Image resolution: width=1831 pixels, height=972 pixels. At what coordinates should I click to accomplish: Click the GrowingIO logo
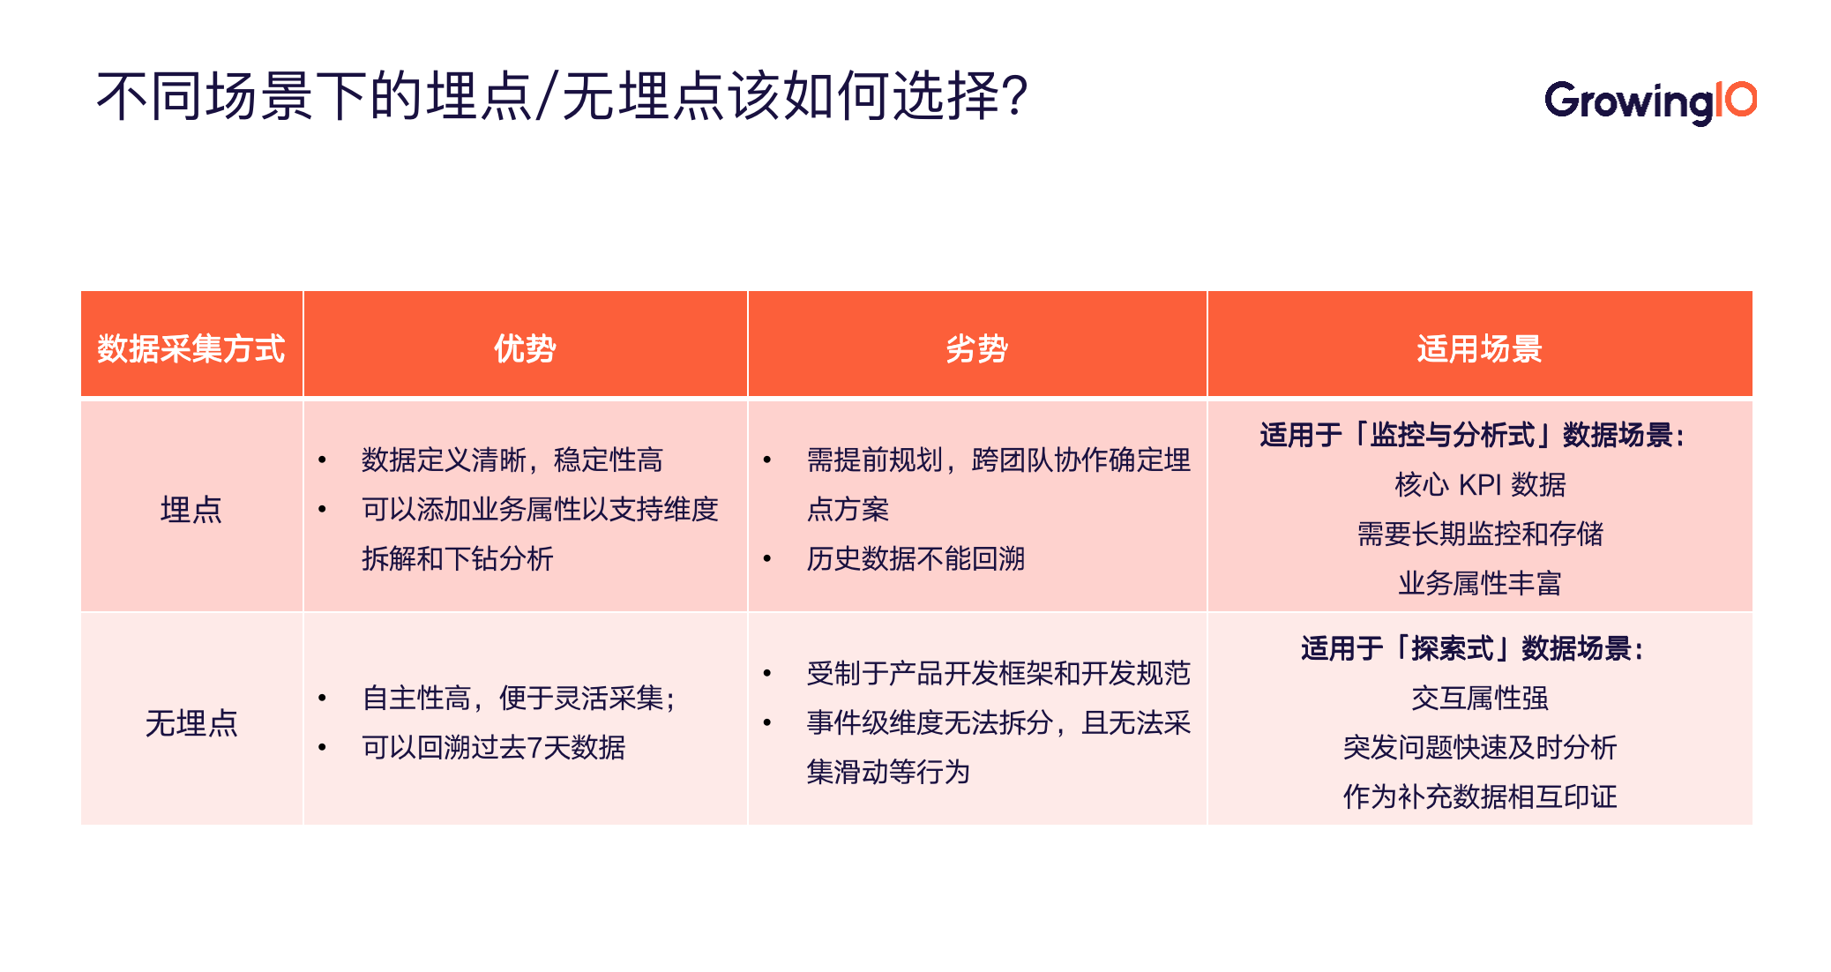click(x=1649, y=101)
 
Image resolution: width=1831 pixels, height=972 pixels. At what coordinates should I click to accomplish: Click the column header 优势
click(x=525, y=348)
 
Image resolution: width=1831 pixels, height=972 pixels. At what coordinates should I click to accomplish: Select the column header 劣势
click(x=976, y=348)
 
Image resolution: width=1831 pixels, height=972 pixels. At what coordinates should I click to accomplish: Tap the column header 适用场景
click(x=1479, y=348)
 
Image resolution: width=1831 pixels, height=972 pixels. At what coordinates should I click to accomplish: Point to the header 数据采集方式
click(x=191, y=348)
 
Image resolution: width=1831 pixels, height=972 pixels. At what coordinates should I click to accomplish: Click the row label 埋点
click(x=191, y=510)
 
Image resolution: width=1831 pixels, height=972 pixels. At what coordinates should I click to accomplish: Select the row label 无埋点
click(x=191, y=723)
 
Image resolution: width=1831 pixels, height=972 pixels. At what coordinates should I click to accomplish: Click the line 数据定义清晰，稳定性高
click(x=512, y=460)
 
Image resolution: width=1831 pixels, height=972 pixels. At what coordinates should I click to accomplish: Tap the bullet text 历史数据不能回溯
click(x=915, y=558)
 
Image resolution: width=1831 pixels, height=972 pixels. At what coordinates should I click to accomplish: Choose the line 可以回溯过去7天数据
click(x=493, y=747)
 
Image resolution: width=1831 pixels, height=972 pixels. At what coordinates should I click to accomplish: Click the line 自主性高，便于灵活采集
click(x=518, y=698)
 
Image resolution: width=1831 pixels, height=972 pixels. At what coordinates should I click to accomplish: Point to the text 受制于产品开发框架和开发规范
click(x=998, y=673)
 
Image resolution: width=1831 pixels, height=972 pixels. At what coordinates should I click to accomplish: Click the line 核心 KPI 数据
click(x=1479, y=484)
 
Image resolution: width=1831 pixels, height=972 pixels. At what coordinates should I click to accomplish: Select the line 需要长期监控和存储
click(x=1479, y=534)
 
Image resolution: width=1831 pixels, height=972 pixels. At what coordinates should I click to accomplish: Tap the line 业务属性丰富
click(x=1479, y=583)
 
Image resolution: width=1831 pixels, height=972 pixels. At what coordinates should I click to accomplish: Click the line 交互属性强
click(x=1479, y=698)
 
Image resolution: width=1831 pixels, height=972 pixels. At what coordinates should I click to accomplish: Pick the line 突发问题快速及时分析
click(x=1479, y=747)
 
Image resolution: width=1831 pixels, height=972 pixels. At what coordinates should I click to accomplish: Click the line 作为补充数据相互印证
click(x=1479, y=796)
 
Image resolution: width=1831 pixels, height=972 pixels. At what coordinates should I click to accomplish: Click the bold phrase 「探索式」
click(x=1452, y=648)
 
